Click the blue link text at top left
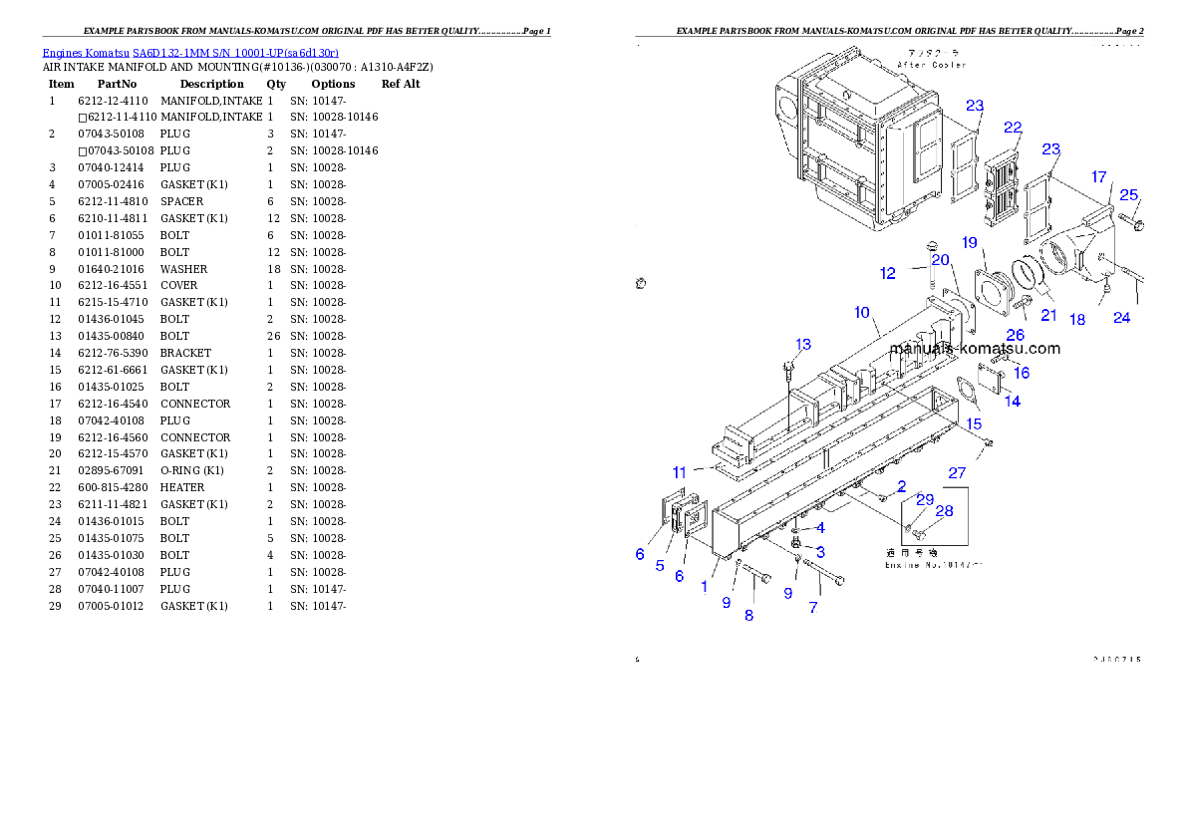pyautogui.click(x=190, y=53)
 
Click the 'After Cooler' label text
pyautogui.click(x=931, y=65)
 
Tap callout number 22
pyautogui.click(x=1013, y=128)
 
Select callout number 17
pyautogui.click(x=1098, y=177)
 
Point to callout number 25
pyautogui.click(x=1128, y=195)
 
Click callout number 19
pyautogui.click(x=969, y=242)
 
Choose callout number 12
pyautogui.click(x=887, y=273)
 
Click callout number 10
pyautogui.click(x=861, y=313)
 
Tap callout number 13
pyautogui.click(x=802, y=345)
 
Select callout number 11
pyautogui.click(x=680, y=472)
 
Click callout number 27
pyautogui.click(x=957, y=473)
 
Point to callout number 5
pyautogui.click(x=660, y=566)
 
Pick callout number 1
pyautogui.click(x=704, y=587)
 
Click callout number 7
pyautogui.click(x=813, y=608)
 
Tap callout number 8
pyautogui.click(x=748, y=616)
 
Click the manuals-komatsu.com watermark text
pyautogui.click(x=975, y=349)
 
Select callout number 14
pyautogui.click(x=1012, y=402)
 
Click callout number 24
pyautogui.click(x=1122, y=318)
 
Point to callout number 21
pyautogui.click(x=1048, y=316)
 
